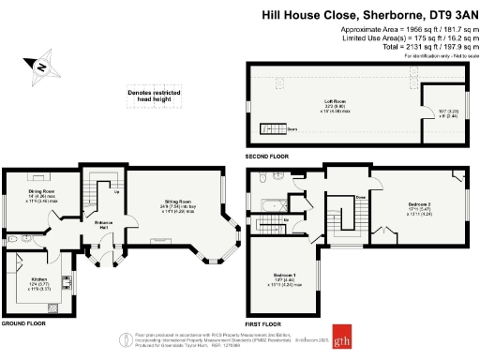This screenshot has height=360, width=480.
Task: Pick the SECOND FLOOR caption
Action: tap(266, 157)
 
